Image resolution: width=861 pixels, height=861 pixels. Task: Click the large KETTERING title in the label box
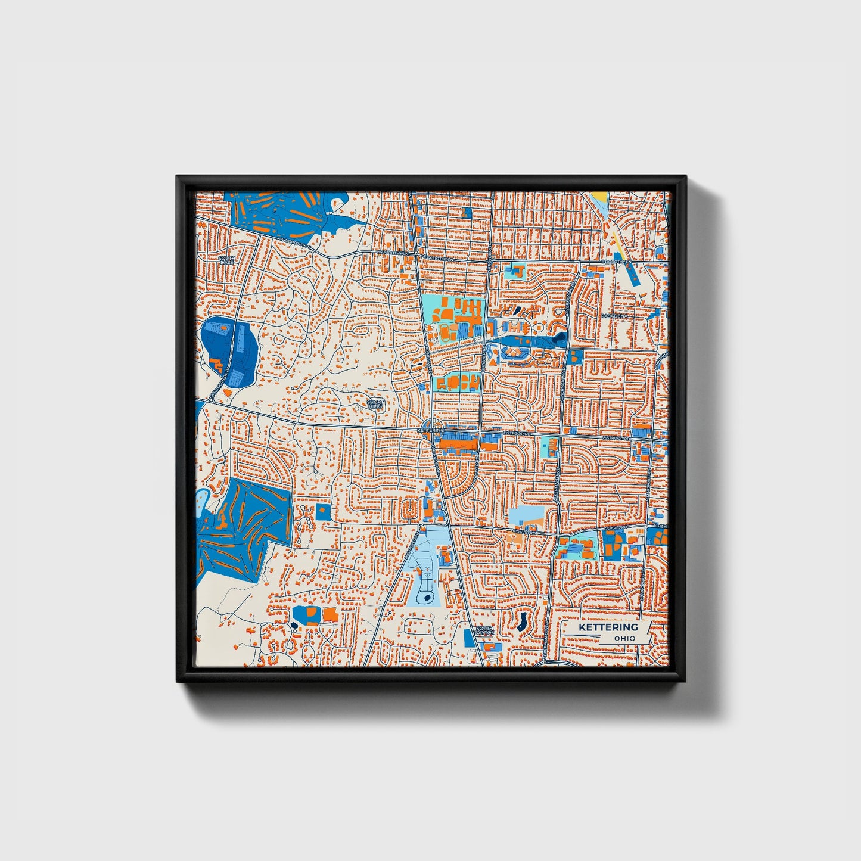click(x=608, y=627)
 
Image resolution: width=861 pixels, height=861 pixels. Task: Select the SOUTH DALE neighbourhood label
click(x=226, y=260)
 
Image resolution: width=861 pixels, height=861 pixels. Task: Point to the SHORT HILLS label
click(x=375, y=404)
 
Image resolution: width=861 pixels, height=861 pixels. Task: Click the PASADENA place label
click(x=614, y=315)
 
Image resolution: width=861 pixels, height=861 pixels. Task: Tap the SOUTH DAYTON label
click(x=485, y=630)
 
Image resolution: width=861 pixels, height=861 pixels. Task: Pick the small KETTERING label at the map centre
click(x=431, y=430)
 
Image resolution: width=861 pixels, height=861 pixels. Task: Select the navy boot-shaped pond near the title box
click(x=522, y=622)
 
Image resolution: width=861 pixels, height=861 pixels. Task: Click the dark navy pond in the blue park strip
click(x=558, y=340)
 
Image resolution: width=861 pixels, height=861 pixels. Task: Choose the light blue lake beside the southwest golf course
click(x=203, y=499)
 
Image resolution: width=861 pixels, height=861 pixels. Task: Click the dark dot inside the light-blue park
click(x=427, y=598)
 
